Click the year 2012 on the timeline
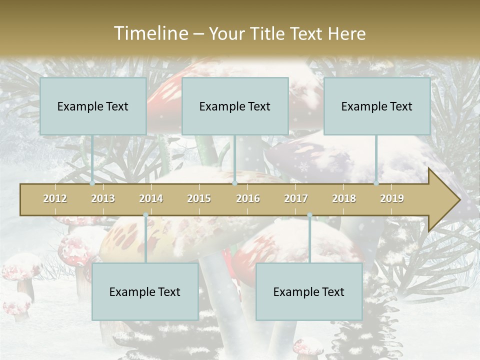pos(55,198)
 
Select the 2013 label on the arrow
pos(103,198)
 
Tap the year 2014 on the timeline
pos(151,198)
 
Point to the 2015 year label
pos(199,198)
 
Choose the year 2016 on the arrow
pos(248,198)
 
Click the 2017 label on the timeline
pos(296,198)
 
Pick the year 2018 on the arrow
pos(344,198)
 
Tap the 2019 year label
pos(392,198)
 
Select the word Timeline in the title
pos(150,33)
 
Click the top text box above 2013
pos(93,106)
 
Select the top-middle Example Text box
pos(235,106)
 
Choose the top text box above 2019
pos(377,106)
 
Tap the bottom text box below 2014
pos(145,291)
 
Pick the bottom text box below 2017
pos(309,291)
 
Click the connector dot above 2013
pos(92,183)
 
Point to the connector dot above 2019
pos(376,183)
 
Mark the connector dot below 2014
pos(145,215)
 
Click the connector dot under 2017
pos(309,215)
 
